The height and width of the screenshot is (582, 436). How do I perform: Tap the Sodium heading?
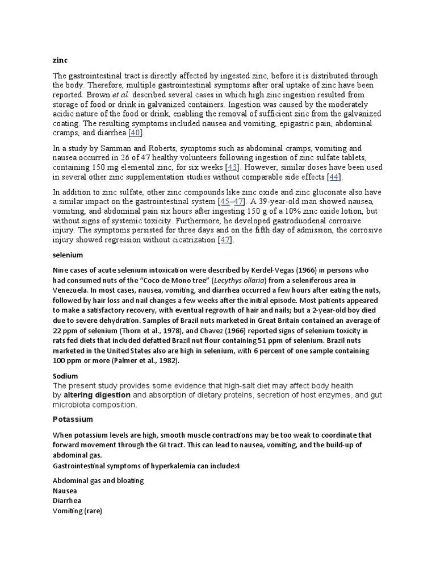pyautogui.click(x=65, y=376)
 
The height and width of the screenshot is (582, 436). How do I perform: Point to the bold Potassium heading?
pyautogui.click(x=73, y=419)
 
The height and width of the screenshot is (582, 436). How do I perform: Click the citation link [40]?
pyautogui.click(x=136, y=132)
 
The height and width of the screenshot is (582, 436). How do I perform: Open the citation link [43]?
pyautogui.click(x=233, y=168)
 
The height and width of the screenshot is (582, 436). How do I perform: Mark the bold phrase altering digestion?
pyautogui.click(x=97, y=395)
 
